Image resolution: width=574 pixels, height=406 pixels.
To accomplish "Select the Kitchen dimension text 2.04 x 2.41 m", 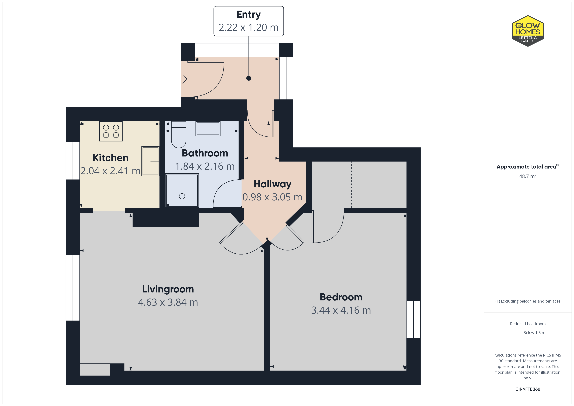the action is click(x=110, y=171).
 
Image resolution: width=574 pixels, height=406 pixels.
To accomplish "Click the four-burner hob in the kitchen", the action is click(x=111, y=131).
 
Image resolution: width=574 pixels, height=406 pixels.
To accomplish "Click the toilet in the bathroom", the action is click(x=178, y=135).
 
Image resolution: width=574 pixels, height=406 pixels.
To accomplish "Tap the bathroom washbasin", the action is click(x=208, y=129).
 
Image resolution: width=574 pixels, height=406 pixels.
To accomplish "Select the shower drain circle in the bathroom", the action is click(x=182, y=196).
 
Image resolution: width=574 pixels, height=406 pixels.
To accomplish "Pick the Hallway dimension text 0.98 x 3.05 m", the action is click(x=272, y=197).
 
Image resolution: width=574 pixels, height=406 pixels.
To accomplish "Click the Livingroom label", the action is click(x=168, y=289).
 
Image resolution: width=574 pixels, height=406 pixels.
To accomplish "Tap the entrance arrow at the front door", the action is click(x=183, y=79).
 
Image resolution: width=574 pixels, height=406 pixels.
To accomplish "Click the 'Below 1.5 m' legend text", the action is click(x=534, y=332).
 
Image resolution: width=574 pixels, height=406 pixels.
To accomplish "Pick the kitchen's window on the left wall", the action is click(x=73, y=161).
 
